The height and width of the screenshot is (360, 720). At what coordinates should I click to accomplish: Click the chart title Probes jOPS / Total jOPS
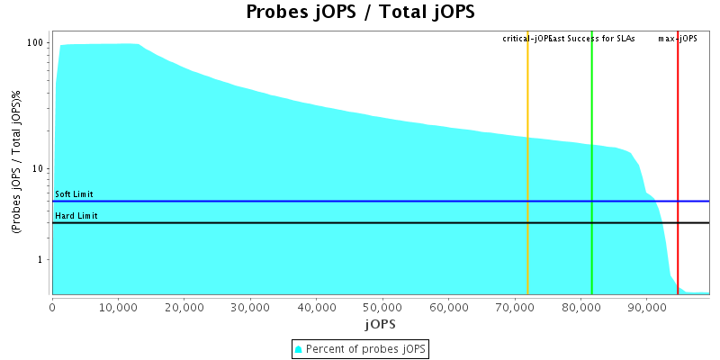360,13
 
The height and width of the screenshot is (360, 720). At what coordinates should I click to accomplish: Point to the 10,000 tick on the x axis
118,306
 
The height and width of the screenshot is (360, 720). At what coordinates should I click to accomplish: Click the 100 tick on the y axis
37,43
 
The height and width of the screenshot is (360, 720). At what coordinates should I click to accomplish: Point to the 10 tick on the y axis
40,168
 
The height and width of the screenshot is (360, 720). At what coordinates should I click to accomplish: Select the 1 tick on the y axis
42,260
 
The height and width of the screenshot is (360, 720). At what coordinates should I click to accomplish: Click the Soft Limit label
74,194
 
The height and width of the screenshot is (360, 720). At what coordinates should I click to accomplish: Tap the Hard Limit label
75,216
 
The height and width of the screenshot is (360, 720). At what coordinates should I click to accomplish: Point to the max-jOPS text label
678,39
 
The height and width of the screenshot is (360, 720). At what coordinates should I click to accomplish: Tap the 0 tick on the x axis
52,306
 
